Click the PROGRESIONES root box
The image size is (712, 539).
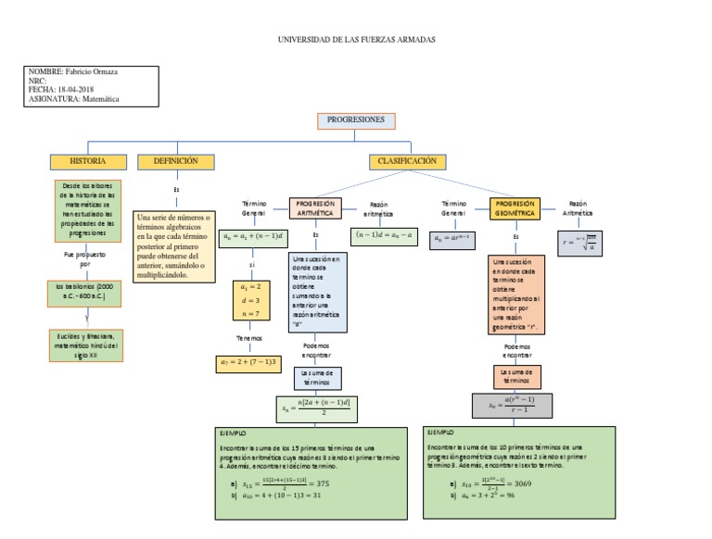(x=356, y=121)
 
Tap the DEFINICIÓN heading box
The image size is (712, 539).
(x=175, y=161)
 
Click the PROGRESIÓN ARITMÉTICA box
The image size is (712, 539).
(x=314, y=207)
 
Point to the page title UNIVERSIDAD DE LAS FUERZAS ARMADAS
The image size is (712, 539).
(x=356, y=41)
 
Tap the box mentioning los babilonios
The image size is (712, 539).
(x=83, y=292)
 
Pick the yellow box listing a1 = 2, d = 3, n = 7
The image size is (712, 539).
(x=250, y=301)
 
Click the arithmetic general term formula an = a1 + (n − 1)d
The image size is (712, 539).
(x=251, y=238)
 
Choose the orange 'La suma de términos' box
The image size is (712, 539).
(x=516, y=375)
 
